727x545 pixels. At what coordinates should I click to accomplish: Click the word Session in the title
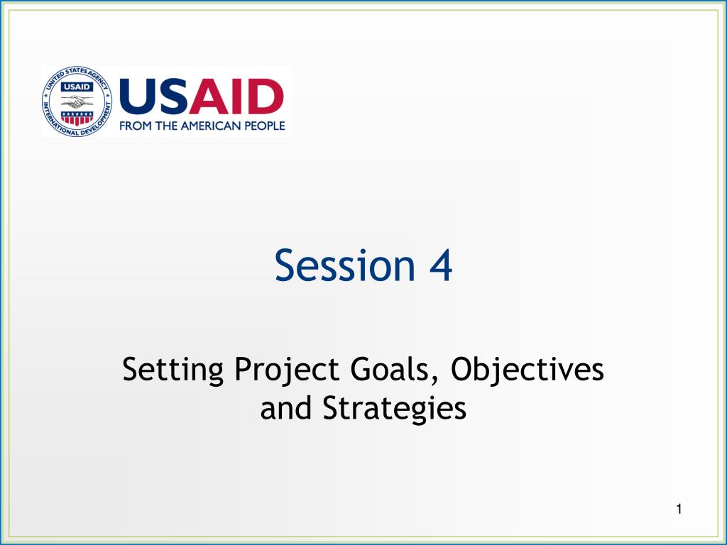click(344, 265)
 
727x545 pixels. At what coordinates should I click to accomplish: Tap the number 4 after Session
click(440, 265)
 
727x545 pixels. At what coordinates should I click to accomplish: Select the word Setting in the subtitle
click(173, 370)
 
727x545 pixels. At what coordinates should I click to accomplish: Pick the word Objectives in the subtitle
click(528, 370)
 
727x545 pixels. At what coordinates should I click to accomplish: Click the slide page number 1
click(679, 510)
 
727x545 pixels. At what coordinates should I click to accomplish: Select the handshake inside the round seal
click(77, 101)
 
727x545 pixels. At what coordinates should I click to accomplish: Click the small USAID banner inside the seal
click(77, 87)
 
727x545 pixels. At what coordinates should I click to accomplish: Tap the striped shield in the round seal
click(77, 118)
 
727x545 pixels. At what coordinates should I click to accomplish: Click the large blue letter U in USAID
click(138, 97)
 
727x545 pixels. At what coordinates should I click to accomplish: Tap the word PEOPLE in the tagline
click(265, 126)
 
